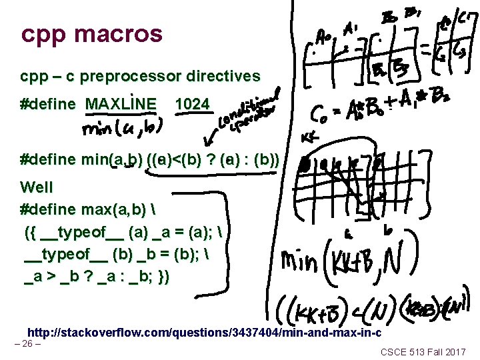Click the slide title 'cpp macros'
pyautogui.click(x=91, y=33)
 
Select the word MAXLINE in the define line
pyautogui.click(x=121, y=104)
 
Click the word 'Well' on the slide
pyautogui.click(x=37, y=187)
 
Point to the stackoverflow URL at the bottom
pyautogui.click(x=204, y=333)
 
